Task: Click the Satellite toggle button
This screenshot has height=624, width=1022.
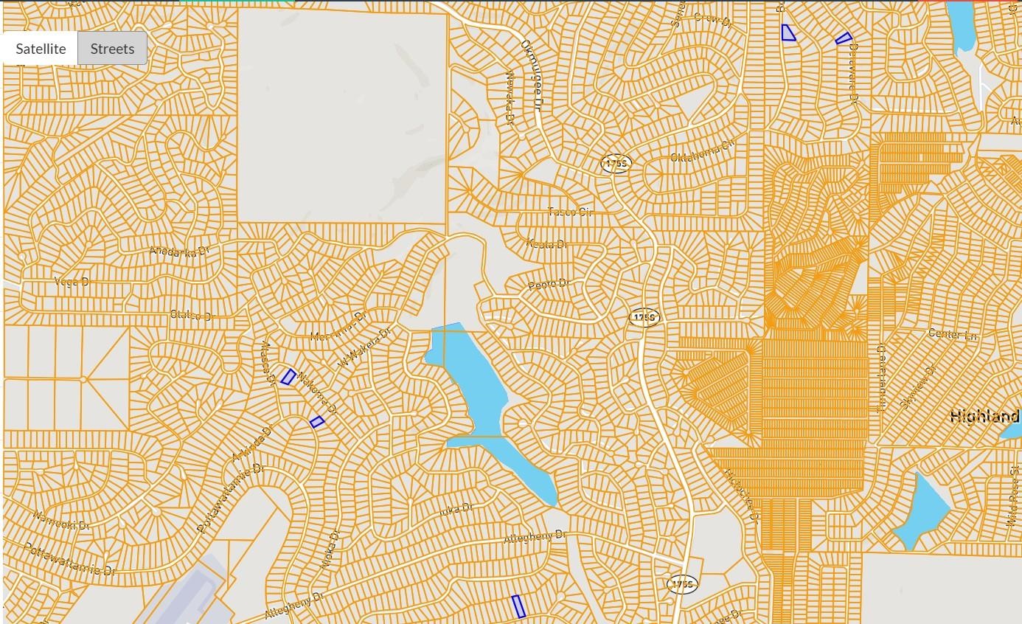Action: point(41,49)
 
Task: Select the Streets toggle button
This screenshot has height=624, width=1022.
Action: point(112,49)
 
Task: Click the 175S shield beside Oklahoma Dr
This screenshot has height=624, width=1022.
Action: point(616,163)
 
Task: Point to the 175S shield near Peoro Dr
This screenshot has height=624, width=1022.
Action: point(644,318)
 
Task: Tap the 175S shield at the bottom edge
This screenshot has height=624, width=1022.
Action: point(682,585)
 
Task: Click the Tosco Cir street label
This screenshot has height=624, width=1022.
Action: point(570,212)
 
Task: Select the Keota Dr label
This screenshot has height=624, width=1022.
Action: point(546,244)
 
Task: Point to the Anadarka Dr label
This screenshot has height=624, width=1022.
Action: point(179,252)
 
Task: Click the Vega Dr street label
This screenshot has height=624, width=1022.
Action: point(72,282)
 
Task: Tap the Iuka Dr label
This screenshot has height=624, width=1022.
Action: point(454,509)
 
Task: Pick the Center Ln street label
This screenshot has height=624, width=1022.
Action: point(953,335)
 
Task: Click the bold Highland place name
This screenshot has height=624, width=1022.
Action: point(984,417)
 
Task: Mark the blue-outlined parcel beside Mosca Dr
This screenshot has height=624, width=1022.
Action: point(288,377)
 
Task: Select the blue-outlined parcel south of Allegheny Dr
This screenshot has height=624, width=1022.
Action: point(518,606)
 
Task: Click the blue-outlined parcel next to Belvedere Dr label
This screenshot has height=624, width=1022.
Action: point(844,38)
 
